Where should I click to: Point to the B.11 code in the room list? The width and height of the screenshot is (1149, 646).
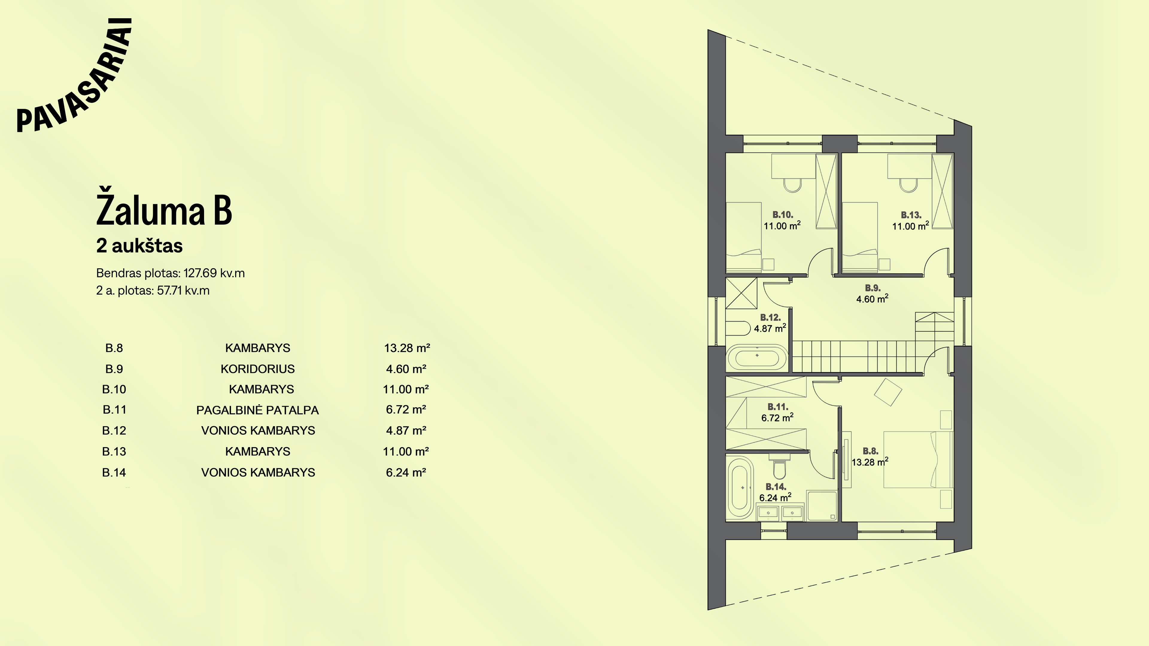pyautogui.click(x=115, y=410)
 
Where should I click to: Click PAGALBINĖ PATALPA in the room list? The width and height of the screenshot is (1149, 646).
pyautogui.click(x=257, y=410)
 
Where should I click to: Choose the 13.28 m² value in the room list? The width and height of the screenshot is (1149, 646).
pyautogui.click(x=407, y=348)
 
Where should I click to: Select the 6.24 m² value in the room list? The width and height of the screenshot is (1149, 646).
pyautogui.click(x=406, y=473)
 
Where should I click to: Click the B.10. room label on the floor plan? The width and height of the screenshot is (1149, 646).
pyautogui.click(x=783, y=215)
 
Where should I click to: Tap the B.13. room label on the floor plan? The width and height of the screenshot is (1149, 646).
pyautogui.click(x=911, y=215)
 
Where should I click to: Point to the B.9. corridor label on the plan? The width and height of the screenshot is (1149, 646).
pyautogui.click(x=873, y=288)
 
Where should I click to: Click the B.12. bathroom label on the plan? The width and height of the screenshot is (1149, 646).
pyautogui.click(x=770, y=317)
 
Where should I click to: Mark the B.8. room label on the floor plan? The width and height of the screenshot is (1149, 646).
pyautogui.click(x=870, y=451)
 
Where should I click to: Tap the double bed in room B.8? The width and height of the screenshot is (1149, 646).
pyautogui.click(x=918, y=459)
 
